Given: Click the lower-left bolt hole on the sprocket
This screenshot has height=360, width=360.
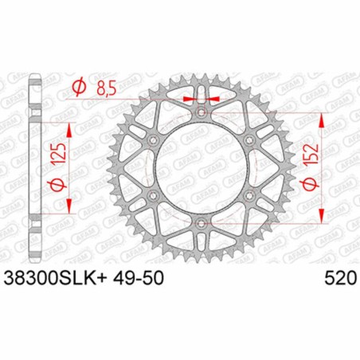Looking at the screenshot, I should click(153, 196).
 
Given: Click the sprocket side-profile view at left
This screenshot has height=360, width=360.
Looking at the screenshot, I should click(33, 168).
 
